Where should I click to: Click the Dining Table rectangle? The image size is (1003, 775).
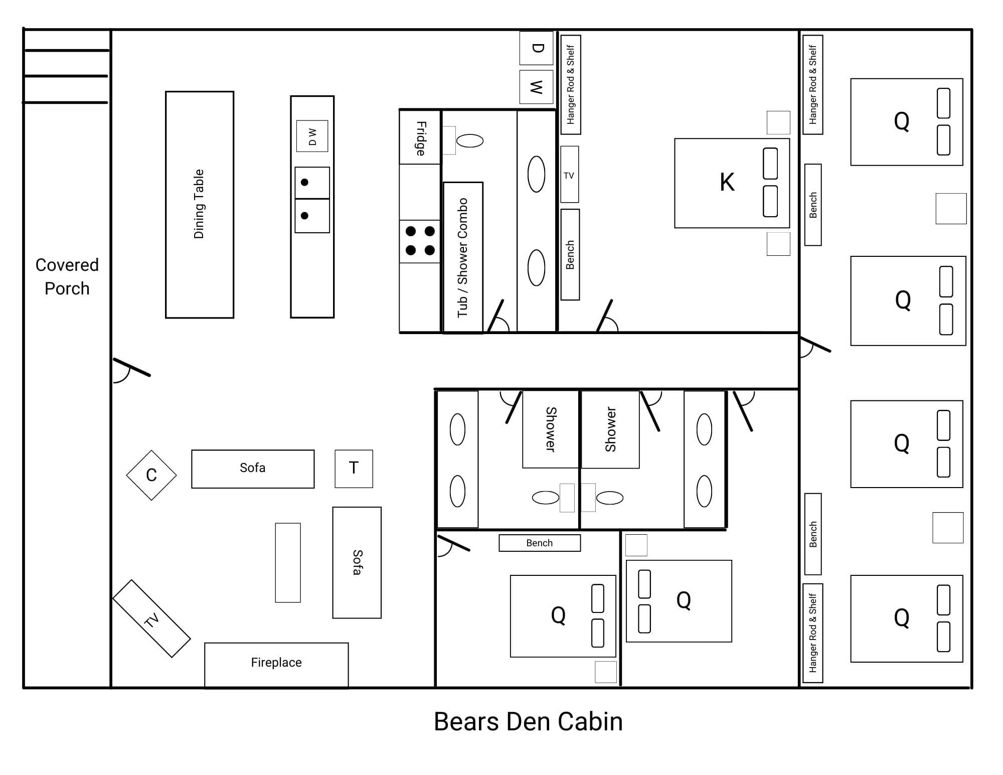(200, 205)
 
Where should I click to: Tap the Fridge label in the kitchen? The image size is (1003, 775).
(421, 138)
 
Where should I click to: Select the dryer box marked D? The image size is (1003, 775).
(536, 48)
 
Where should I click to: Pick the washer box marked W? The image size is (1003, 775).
(536, 87)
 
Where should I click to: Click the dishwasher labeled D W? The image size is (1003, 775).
(312, 136)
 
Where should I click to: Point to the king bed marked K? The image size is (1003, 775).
(732, 183)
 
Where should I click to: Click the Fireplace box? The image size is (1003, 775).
(276, 665)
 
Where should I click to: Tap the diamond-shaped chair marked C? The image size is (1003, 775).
(151, 475)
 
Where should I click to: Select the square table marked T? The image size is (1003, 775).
(354, 469)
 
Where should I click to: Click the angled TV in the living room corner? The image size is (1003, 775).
(151, 618)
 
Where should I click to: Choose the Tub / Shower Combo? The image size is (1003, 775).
(463, 257)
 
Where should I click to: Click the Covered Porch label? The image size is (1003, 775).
(67, 276)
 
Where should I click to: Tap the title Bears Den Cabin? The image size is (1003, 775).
(528, 721)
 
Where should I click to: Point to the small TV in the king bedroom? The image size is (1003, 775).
(569, 175)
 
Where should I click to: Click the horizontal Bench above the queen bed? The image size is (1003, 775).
(540, 543)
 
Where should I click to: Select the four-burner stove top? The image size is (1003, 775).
(420, 241)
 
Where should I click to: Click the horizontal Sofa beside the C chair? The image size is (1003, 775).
(253, 469)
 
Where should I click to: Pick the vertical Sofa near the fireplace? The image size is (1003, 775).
(357, 562)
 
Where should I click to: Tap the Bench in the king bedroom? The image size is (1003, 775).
(570, 255)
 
